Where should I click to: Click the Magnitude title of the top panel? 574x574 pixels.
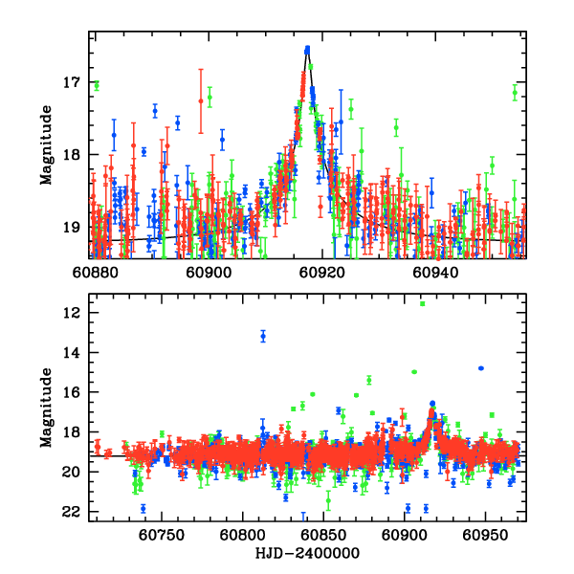(46, 145)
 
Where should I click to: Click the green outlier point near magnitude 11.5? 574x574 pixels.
(422, 303)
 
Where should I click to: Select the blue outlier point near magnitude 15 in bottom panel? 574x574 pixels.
(481, 368)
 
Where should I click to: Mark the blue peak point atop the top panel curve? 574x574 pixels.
(307, 49)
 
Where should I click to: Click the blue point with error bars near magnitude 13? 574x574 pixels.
(263, 336)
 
